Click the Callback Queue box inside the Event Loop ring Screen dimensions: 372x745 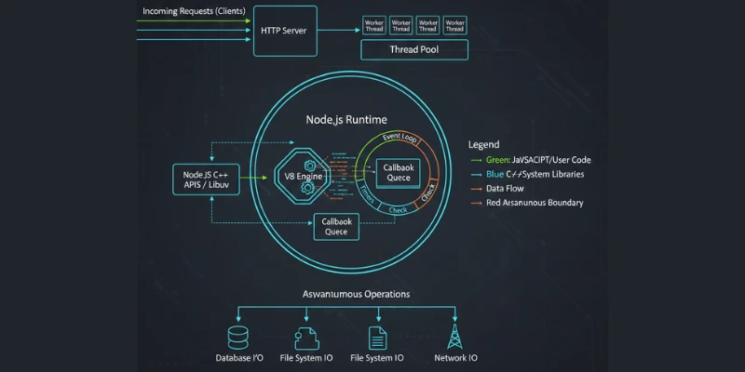tap(399, 172)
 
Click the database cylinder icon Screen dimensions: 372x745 tap(239, 337)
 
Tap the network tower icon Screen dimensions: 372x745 tap(455, 336)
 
